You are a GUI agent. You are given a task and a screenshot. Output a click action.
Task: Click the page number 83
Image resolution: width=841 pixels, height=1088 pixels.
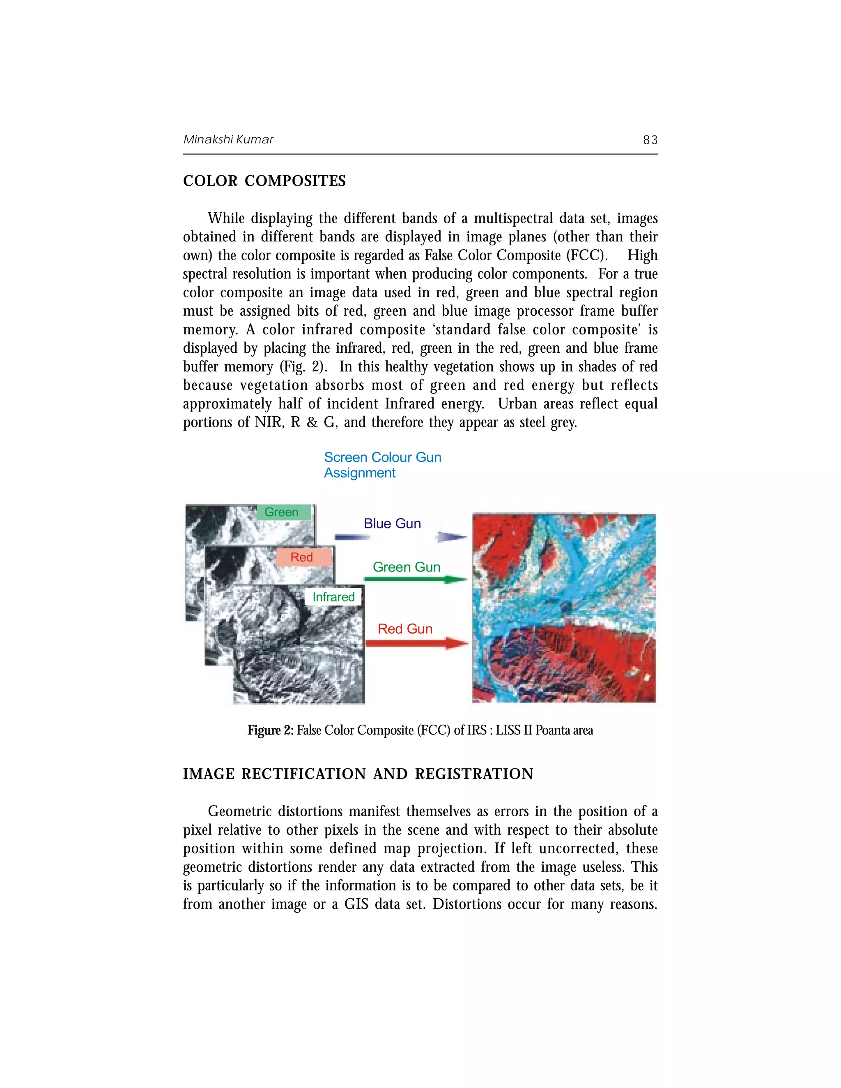tap(650, 140)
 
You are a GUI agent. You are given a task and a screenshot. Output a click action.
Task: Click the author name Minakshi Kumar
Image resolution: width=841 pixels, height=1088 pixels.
tap(228, 140)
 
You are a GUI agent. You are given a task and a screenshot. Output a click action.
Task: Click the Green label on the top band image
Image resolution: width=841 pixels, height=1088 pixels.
tap(281, 512)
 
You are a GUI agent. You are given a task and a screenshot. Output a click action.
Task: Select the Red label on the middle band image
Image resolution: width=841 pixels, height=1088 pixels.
tap(301, 557)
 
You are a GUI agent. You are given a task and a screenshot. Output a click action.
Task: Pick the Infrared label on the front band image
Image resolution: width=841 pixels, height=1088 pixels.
tap(333, 597)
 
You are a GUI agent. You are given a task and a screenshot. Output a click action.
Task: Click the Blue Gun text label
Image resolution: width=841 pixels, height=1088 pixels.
tap(392, 523)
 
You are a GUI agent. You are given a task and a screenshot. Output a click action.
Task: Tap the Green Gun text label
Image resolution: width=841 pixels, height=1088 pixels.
tap(406, 567)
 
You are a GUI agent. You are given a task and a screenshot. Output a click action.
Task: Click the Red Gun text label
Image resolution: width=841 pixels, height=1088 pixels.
tap(404, 629)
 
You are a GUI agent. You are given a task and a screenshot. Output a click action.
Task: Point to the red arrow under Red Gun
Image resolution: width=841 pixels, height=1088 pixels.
tap(416, 644)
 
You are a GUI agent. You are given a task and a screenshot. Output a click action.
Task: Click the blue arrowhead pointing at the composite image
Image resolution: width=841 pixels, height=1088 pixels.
tap(451, 537)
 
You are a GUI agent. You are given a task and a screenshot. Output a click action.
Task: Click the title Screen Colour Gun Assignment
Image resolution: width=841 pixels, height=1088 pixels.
tap(382, 465)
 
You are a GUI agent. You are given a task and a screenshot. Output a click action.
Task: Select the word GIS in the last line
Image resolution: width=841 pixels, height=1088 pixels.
tap(356, 904)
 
